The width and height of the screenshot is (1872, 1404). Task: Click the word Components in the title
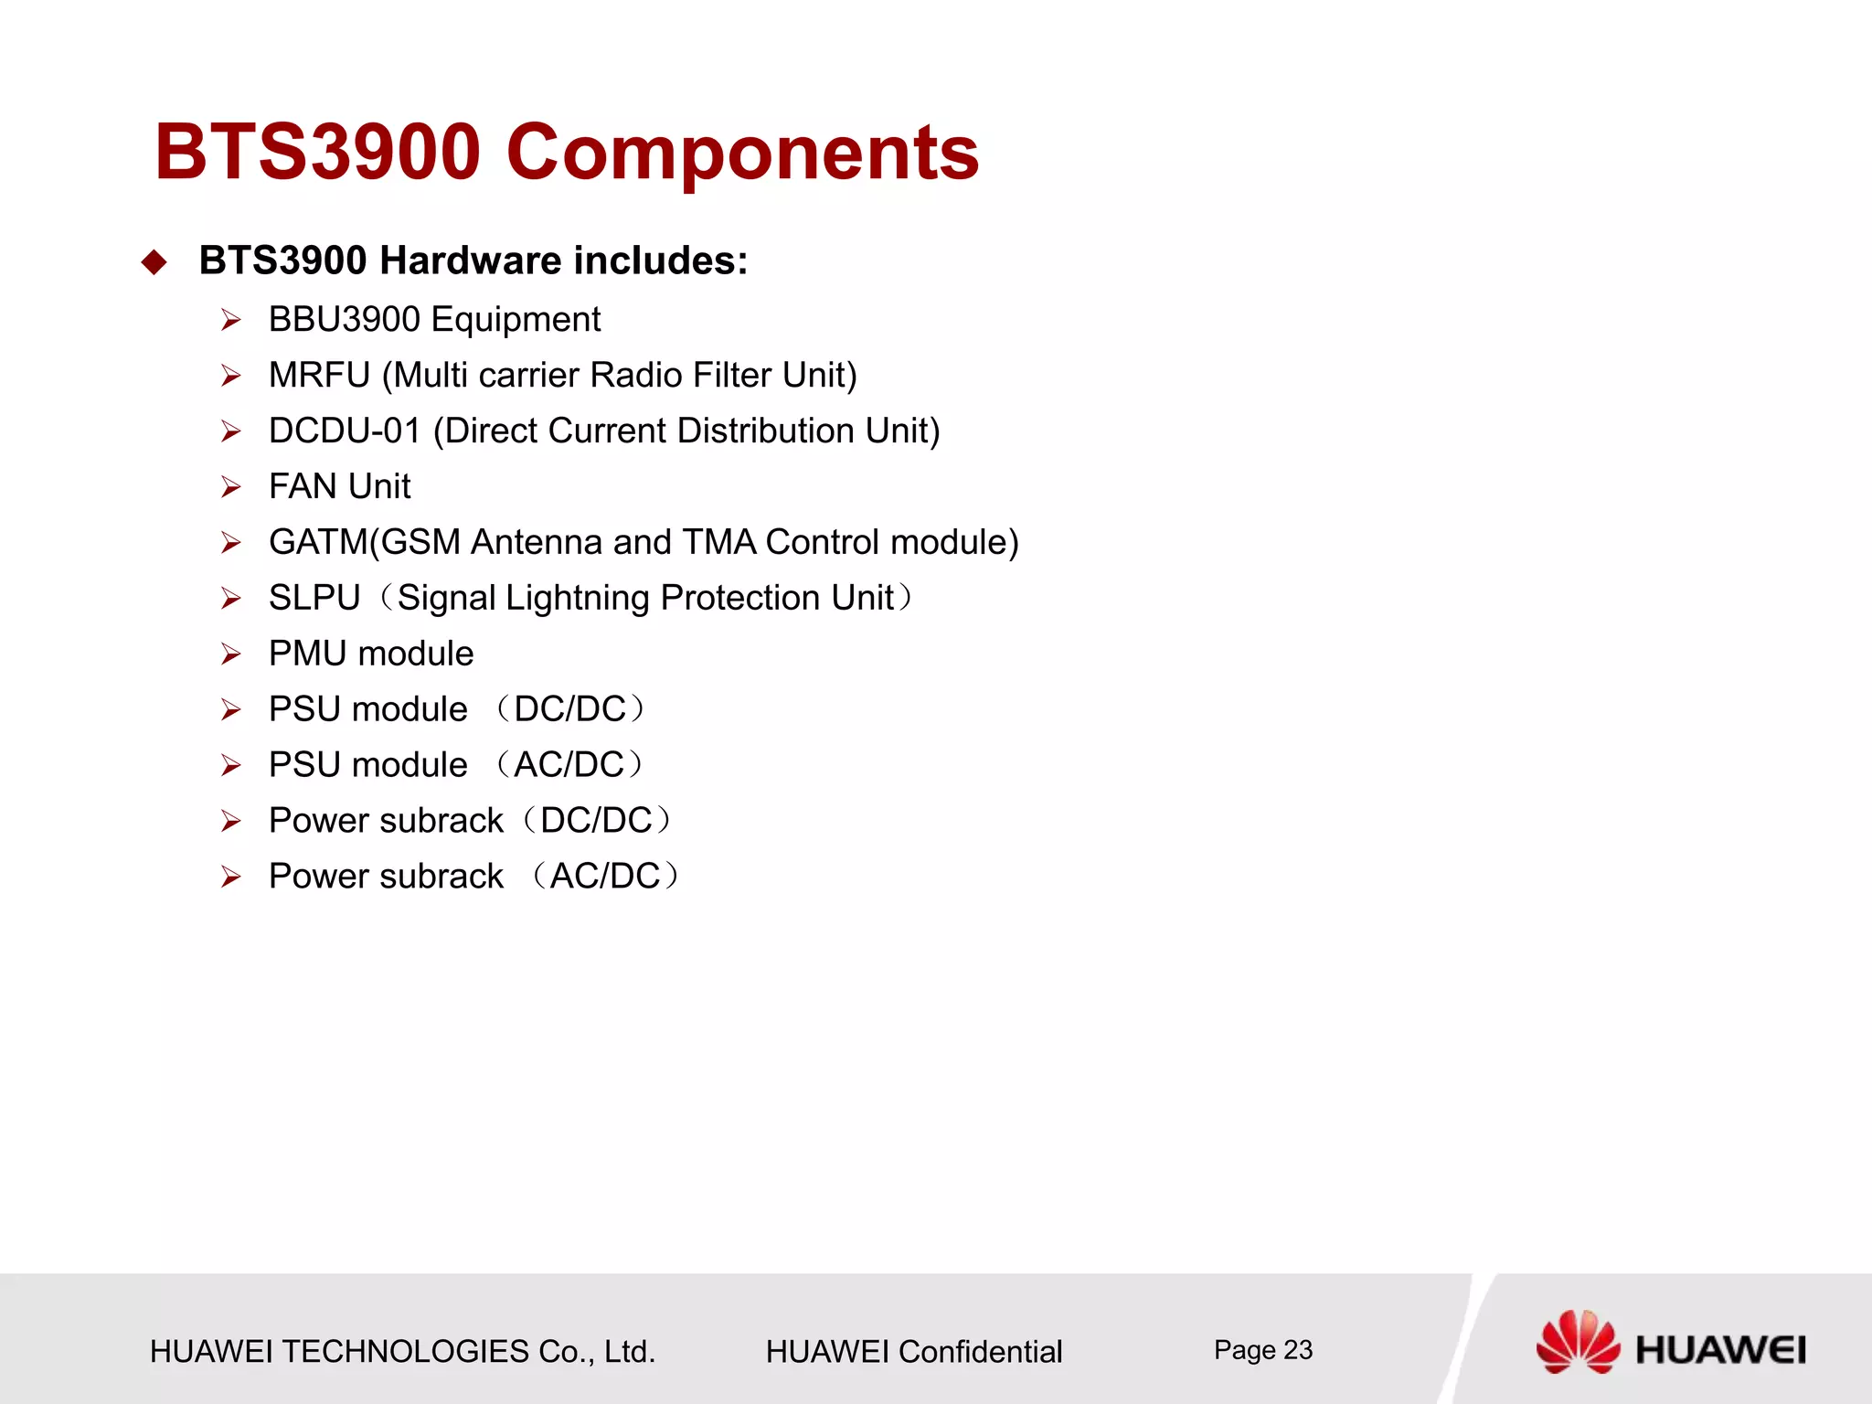pos(742,154)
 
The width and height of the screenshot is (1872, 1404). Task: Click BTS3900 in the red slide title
pos(317,152)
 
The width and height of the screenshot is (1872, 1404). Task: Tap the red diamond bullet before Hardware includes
pos(154,262)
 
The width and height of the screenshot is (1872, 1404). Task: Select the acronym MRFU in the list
pos(319,376)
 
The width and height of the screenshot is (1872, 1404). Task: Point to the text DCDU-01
pos(345,431)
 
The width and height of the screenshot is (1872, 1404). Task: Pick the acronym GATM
pos(318,543)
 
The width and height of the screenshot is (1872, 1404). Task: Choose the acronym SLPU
pos(314,599)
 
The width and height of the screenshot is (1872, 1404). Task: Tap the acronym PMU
pos(307,654)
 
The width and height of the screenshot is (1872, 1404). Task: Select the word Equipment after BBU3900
pos(516,320)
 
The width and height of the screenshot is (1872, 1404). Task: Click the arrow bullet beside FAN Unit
pos(230,487)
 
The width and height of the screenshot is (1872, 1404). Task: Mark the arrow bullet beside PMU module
pos(230,654)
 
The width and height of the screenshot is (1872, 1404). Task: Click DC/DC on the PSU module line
pos(570,710)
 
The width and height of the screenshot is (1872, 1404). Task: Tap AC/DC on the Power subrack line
pos(605,877)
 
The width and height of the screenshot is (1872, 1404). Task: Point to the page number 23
pos(1298,1350)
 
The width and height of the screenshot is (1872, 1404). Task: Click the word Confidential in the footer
pos(980,1352)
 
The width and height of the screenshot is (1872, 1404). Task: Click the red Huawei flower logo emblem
pos(1577,1342)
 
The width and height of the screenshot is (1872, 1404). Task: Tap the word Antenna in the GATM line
pos(537,543)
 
